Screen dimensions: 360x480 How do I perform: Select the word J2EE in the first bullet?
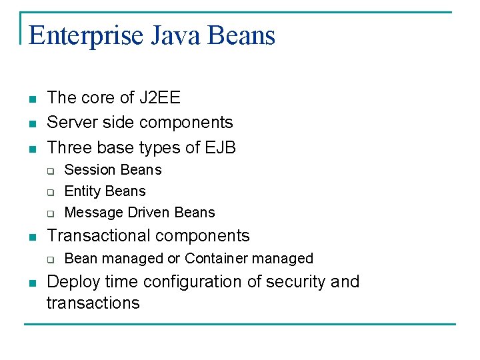click(159, 98)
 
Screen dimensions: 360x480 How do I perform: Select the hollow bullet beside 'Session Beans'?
click(50, 171)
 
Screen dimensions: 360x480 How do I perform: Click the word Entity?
click(83, 191)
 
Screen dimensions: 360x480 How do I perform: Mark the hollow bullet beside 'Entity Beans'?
click(50, 193)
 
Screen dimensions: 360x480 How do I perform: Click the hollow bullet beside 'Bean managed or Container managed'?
click(50, 260)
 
